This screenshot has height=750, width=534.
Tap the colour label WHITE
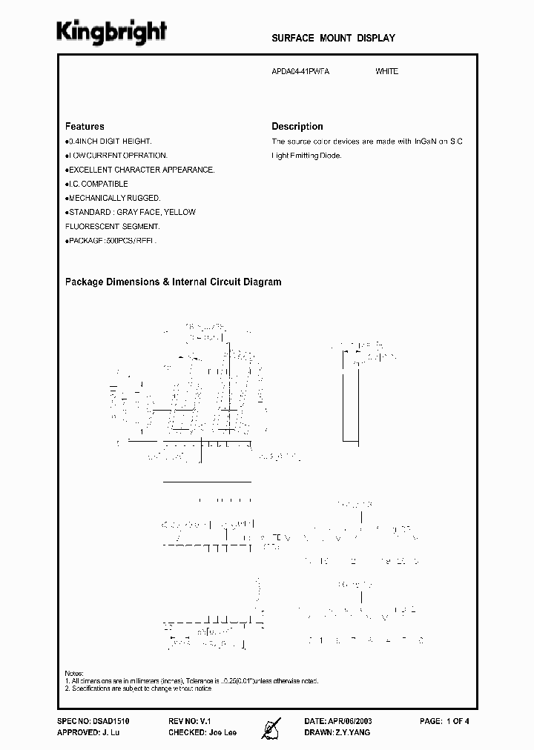(x=386, y=71)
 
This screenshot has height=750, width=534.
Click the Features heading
(x=85, y=127)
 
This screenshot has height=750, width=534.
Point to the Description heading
(x=297, y=127)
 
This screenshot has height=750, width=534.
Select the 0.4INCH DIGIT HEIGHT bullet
(x=110, y=141)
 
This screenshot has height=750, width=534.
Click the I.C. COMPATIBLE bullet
(x=98, y=184)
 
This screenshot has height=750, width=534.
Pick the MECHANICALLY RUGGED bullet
(x=113, y=198)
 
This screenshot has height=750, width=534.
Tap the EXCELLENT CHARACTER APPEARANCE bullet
(x=141, y=170)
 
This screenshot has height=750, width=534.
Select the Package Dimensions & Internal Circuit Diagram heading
(x=173, y=282)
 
